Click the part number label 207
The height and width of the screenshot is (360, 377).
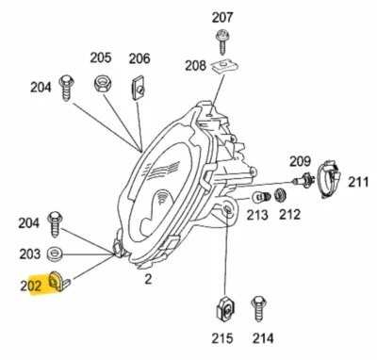(221, 17)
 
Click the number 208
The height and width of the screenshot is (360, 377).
(195, 65)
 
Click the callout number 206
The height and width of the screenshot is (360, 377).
(139, 57)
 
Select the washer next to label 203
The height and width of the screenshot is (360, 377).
(56, 253)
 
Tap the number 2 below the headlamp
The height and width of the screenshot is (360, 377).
(147, 279)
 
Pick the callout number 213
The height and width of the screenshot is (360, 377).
(257, 215)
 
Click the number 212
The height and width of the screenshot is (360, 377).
(289, 215)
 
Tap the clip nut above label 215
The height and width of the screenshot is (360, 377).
(224, 307)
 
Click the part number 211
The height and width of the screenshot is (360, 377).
(359, 180)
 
